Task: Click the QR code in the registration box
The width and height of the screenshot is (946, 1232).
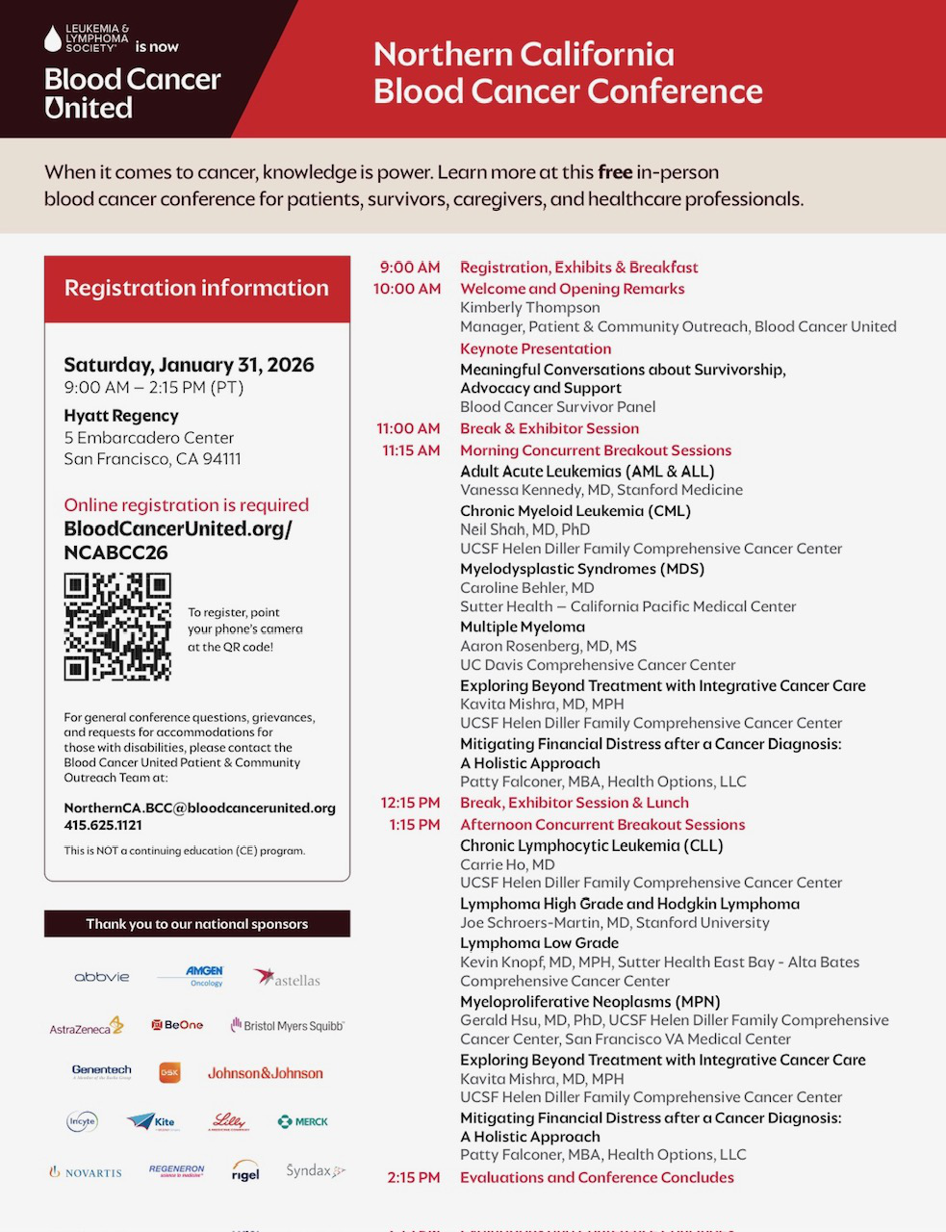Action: (x=117, y=627)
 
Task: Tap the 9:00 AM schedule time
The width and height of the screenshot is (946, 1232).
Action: (x=410, y=268)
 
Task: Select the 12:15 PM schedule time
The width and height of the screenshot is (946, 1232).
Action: (x=410, y=803)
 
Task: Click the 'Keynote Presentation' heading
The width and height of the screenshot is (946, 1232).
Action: (x=535, y=349)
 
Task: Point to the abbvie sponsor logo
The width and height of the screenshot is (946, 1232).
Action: (x=102, y=977)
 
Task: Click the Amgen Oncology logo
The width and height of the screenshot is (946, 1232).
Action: (x=204, y=976)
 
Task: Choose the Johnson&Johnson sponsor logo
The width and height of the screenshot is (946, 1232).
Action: (x=266, y=1073)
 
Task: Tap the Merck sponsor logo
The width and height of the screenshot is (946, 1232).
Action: (x=303, y=1121)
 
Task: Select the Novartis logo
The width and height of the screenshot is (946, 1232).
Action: (x=87, y=1172)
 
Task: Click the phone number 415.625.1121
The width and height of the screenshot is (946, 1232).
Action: (x=103, y=825)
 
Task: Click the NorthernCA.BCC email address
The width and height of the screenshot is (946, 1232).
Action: (x=199, y=808)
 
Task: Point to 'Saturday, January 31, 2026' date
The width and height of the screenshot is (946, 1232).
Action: (x=189, y=365)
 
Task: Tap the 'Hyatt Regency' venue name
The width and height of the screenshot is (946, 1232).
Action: (x=121, y=416)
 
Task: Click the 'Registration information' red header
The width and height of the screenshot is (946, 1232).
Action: (x=196, y=288)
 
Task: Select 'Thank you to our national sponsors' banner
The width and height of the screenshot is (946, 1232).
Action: (x=196, y=924)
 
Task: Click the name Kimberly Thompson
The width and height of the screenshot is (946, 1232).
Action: (x=529, y=308)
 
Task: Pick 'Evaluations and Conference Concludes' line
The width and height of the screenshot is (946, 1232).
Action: (x=597, y=1178)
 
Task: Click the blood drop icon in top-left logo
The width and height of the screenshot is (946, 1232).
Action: (x=53, y=38)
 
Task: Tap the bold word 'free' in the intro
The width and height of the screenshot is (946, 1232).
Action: (x=615, y=172)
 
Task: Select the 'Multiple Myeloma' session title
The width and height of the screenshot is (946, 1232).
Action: (x=523, y=628)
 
